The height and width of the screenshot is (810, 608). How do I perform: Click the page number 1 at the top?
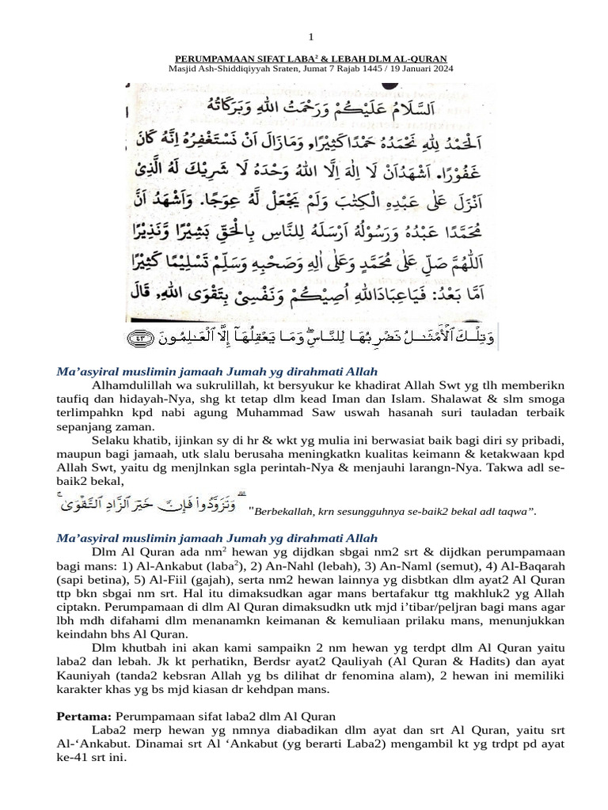tap(311, 37)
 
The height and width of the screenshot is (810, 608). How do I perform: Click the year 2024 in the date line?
tap(440, 68)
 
